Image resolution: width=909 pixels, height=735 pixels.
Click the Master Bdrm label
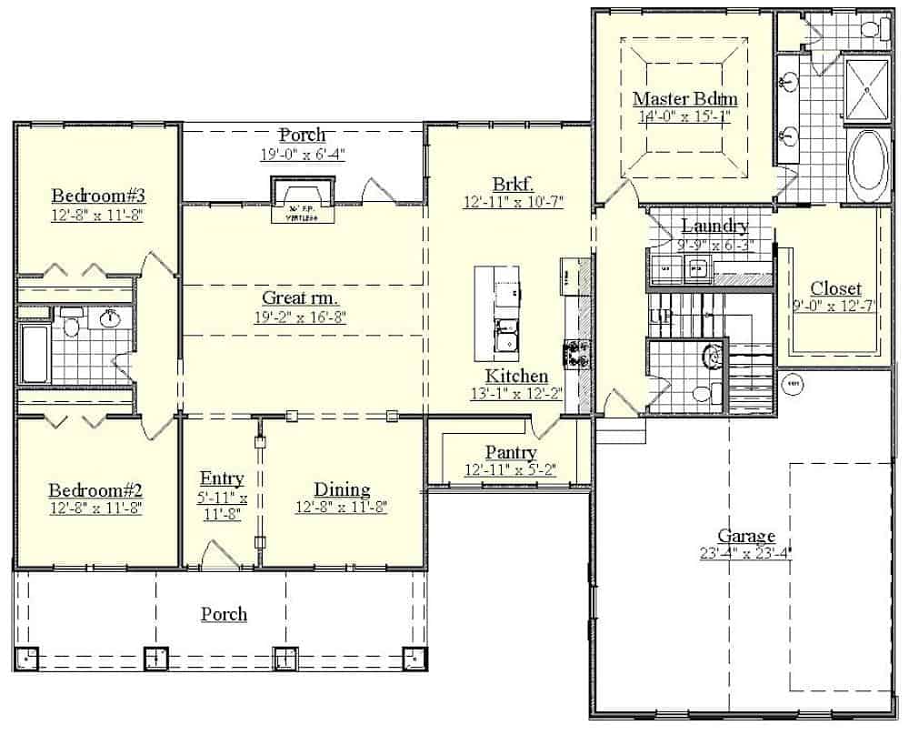pos(684,98)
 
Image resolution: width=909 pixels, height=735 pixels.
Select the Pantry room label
pos(510,452)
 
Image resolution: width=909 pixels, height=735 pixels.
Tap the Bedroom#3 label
pos(98,196)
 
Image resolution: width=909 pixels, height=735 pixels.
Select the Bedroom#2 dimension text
pos(96,508)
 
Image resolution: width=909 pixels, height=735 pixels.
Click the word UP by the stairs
pos(659,317)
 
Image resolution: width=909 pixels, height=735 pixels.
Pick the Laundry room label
pos(714,226)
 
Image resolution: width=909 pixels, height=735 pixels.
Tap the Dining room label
pos(342,489)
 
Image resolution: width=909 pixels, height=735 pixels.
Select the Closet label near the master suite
pos(835,288)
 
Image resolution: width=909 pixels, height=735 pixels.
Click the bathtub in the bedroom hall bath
pos(34,354)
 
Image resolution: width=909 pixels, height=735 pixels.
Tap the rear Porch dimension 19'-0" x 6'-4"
pos(302,154)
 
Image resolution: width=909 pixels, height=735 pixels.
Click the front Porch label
pos(224,614)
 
